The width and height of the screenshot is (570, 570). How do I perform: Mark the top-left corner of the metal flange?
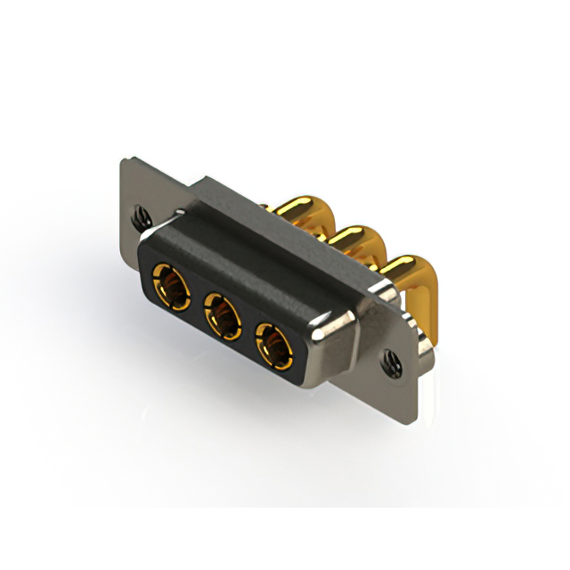point(126,161)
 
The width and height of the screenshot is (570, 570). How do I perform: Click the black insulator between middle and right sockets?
point(248,332)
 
